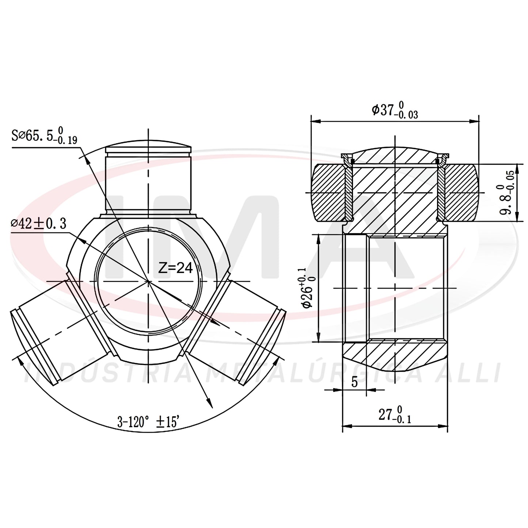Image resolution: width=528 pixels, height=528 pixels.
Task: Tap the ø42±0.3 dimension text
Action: [39, 224]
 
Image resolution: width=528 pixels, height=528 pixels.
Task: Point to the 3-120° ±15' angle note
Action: [148, 422]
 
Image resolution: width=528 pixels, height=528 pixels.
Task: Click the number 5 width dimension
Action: [354, 382]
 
